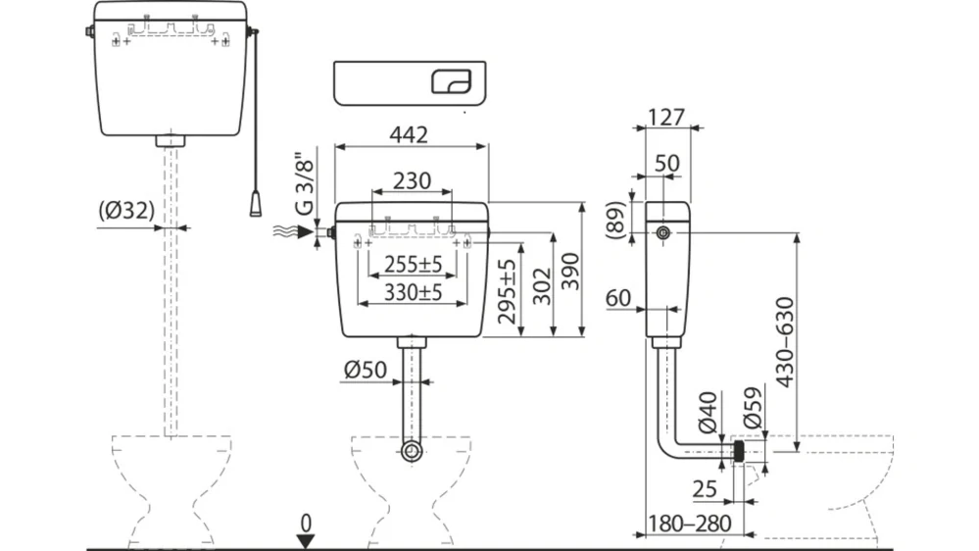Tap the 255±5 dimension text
click(413, 264)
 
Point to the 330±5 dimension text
click(413, 292)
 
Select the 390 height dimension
click(569, 268)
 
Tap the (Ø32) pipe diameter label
click(126, 210)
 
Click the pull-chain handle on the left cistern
click(255, 203)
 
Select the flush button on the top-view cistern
click(452, 81)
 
